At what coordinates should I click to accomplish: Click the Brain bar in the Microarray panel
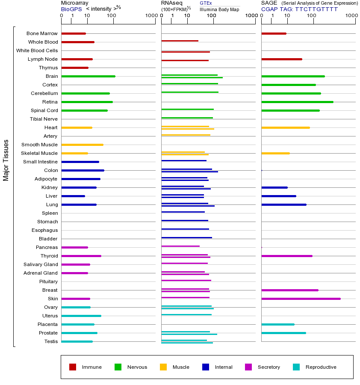(88, 76)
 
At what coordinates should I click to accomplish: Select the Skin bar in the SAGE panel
(301, 299)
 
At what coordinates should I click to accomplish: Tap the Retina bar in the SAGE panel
(297, 102)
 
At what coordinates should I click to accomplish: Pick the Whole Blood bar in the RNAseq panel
(180, 41)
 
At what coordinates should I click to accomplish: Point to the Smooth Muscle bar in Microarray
(82, 145)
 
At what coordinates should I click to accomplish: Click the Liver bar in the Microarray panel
(73, 196)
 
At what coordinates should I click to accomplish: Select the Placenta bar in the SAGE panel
(277, 324)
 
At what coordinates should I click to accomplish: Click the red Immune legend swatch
(73, 367)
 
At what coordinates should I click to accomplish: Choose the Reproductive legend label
(321, 367)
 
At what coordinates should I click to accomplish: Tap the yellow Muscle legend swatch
(163, 367)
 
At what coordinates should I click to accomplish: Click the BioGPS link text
(71, 9)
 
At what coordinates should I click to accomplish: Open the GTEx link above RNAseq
(206, 3)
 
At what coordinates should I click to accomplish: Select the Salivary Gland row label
(41, 264)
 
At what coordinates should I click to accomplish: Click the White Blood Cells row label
(37, 50)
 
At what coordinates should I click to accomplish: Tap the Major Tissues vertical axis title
(6, 160)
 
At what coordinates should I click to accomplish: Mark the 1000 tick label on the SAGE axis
(351, 16)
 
